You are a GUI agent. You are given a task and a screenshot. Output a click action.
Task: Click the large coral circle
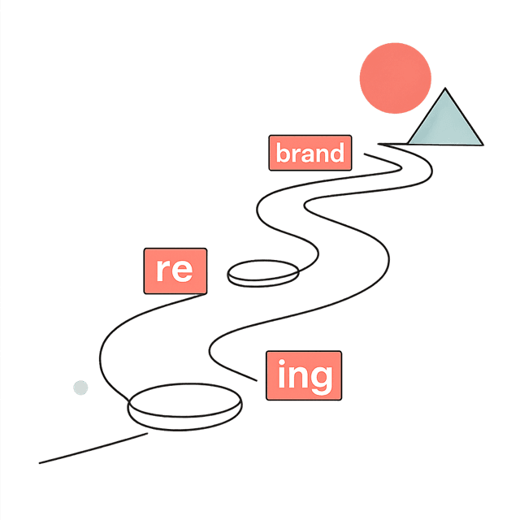pos(396,78)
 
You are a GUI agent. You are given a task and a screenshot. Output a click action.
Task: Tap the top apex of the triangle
pos(445,89)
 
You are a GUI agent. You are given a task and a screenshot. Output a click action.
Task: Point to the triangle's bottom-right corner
pos(483,145)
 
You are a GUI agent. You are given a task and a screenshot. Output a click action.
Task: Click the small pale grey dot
pos(80,388)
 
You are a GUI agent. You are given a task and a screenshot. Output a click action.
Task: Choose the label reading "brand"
pos(310,153)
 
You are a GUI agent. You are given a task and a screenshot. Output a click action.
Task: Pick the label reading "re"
pos(175,271)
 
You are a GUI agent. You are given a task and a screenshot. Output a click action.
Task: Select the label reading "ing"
pos(304,375)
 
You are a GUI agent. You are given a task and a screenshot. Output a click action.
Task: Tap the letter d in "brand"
pos(337,152)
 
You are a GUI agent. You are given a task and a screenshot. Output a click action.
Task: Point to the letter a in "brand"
pos(307,155)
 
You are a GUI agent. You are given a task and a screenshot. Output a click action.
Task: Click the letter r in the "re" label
pos(162,270)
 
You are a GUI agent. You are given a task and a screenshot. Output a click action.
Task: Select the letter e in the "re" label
pos(182,271)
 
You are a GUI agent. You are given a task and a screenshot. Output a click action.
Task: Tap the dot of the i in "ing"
pos(282,362)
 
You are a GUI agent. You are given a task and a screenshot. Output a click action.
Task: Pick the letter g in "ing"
pos(322,380)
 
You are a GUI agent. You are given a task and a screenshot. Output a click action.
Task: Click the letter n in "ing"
pos(297,377)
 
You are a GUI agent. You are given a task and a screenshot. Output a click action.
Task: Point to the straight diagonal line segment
pos(93,448)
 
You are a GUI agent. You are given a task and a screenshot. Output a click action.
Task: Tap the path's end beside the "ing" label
pos(257,380)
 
